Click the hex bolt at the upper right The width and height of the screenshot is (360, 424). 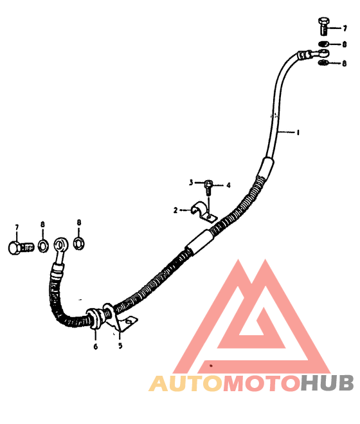[x=324, y=26]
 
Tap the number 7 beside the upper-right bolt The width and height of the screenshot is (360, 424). [x=345, y=28]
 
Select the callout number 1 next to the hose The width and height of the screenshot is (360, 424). [x=298, y=133]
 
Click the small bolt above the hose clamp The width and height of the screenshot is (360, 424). [x=208, y=187]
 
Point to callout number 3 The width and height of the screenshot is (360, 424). [x=191, y=183]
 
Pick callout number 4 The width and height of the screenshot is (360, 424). [x=228, y=185]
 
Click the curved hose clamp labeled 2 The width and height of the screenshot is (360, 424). [x=203, y=212]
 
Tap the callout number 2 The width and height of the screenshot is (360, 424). [x=175, y=210]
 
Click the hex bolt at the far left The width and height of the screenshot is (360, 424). [x=21, y=248]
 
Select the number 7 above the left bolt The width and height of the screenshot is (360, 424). [x=17, y=227]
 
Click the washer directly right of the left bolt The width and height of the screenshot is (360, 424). [x=43, y=246]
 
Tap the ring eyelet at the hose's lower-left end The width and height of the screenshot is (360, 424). [x=61, y=244]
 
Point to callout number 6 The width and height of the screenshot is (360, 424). [x=95, y=347]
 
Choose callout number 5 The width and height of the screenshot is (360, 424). [x=120, y=346]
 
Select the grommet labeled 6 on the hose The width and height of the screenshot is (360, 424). [x=94, y=318]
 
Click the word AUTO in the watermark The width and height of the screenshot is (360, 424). [x=185, y=383]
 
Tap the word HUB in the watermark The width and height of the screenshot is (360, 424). [x=328, y=383]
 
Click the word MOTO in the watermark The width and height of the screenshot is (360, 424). [x=262, y=383]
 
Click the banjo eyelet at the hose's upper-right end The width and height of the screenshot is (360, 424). [x=321, y=53]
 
